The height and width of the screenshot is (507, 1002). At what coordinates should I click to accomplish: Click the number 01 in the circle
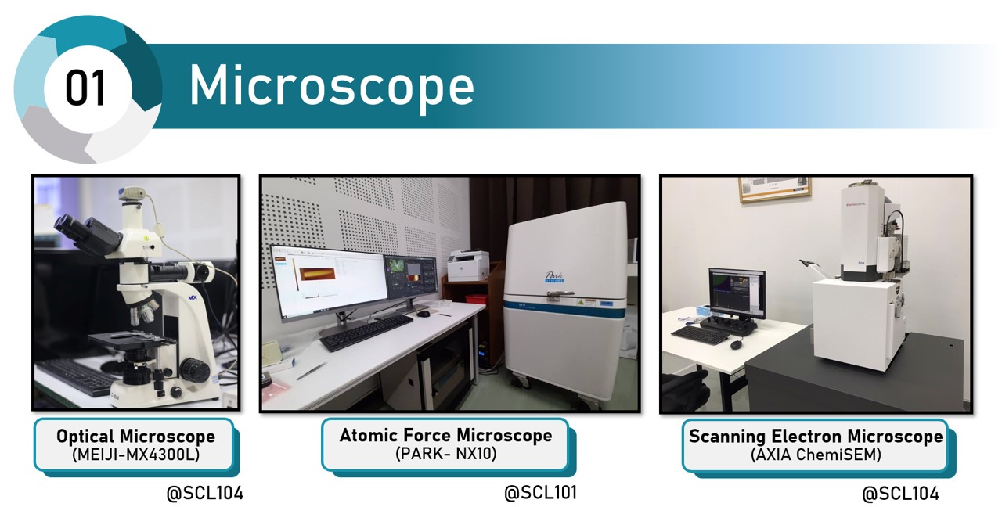pos(85,88)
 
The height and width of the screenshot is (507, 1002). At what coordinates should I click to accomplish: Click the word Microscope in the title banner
pos(331,85)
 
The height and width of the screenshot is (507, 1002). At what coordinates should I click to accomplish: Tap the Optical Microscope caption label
pos(135,436)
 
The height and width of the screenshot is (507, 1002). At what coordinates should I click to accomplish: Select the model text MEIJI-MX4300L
pos(135,455)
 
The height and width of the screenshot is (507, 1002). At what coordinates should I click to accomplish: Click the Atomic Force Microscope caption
pos(445,435)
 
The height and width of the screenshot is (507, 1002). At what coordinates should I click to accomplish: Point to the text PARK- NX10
pos(445,454)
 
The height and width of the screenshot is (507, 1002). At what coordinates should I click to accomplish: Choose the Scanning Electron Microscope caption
pos(816,436)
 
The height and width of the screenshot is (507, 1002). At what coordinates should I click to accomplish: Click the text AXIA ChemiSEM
pos(816,455)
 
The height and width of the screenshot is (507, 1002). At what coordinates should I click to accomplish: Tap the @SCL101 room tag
pos(540,493)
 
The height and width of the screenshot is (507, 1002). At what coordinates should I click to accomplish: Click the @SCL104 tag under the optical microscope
pos(205,494)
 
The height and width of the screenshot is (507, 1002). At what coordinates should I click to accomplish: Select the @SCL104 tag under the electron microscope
pos(900,494)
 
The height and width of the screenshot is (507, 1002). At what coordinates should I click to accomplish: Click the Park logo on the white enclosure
pos(555,277)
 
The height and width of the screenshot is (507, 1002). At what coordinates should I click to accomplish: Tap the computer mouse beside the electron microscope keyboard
pos(737,345)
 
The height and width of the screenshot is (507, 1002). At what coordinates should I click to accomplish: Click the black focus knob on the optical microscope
pos(195,370)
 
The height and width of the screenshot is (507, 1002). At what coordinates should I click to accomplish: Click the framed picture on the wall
pos(775,189)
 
